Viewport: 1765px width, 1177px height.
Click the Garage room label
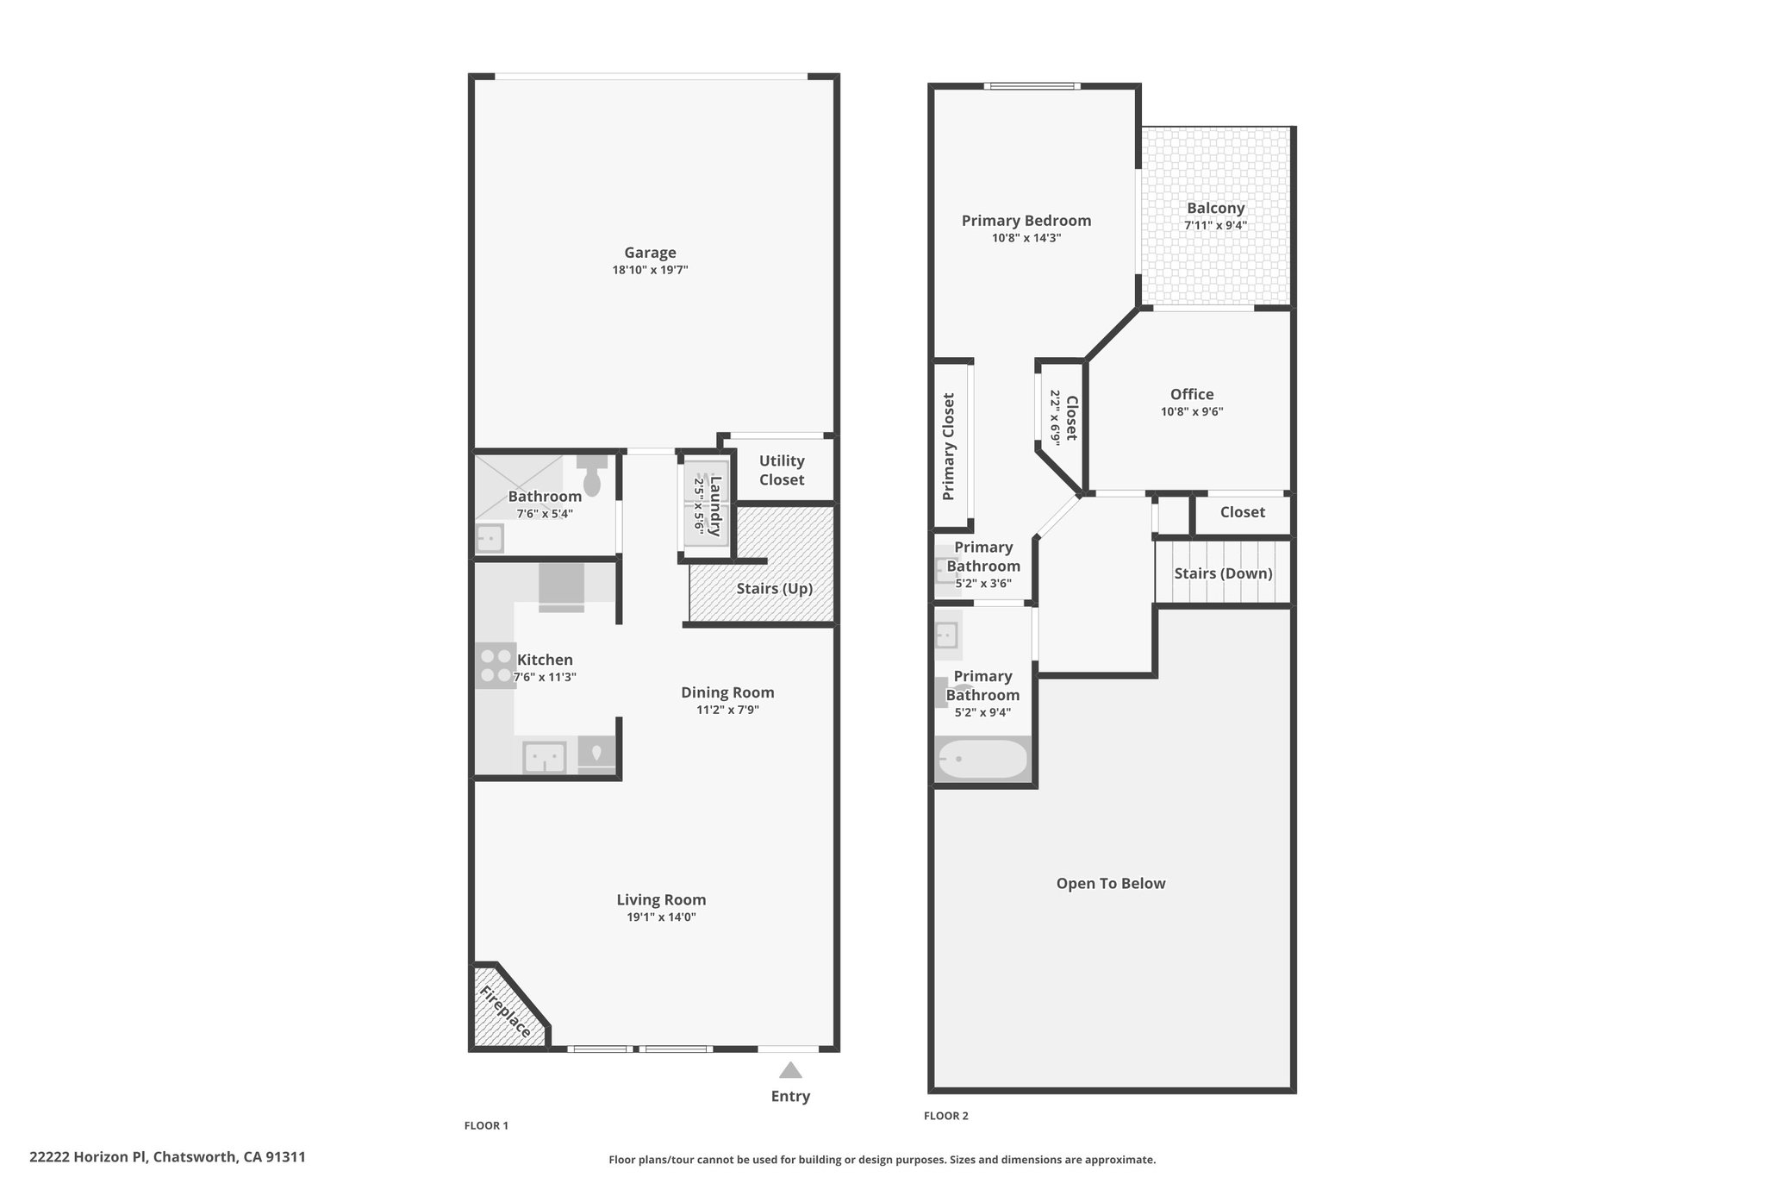[650, 253]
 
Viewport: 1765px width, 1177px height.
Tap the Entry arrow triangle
[790, 1070]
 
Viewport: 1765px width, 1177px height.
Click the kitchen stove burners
[496, 666]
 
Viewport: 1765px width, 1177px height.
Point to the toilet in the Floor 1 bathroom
[592, 476]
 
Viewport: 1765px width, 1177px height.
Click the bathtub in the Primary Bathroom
[982, 760]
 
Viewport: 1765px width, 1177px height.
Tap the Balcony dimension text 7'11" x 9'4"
[1215, 226]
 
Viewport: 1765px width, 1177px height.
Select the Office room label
[1192, 395]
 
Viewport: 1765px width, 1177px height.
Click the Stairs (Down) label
[1223, 573]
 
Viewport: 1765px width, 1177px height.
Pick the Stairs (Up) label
[774, 589]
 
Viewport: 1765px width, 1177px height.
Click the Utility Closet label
[782, 471]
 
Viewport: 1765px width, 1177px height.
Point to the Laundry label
[714, 505]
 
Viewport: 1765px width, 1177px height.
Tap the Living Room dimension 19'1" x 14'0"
[661, 917]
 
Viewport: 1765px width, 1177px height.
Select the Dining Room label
[727, 692]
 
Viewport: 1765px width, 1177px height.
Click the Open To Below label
[1111, 884]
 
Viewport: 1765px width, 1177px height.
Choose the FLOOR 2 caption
[946, 1116]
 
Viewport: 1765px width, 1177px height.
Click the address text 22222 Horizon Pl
[88, 1157]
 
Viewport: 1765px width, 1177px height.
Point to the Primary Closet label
[949, 447]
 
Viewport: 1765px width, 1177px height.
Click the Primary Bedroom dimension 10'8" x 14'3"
[1026, 238]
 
